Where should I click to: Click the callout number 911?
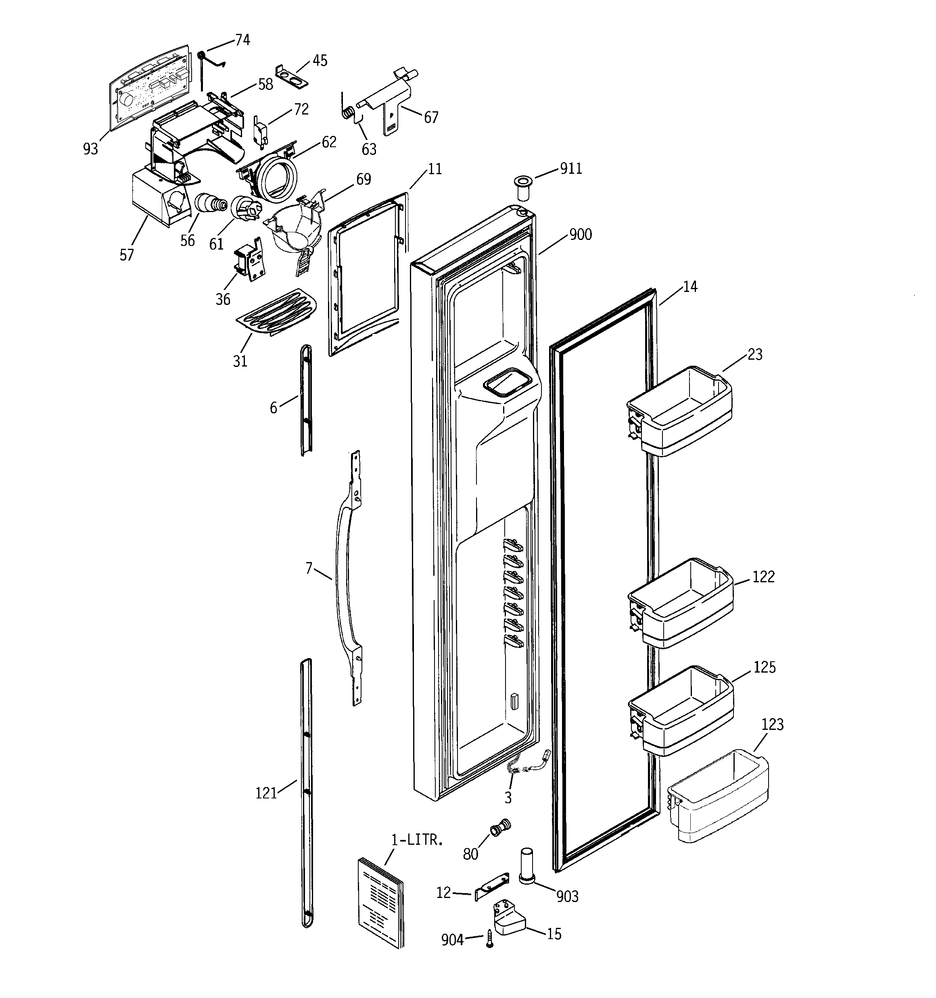pos(571,169)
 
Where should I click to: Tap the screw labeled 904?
pos(490,938)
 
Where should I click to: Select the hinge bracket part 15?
pos(509,918)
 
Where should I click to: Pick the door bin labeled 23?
pos(679,412)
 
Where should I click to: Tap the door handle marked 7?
pos(347,577)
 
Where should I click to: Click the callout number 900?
pos(580,234)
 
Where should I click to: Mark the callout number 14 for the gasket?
pos(690,287)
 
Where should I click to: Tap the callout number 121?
pos(266,793)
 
